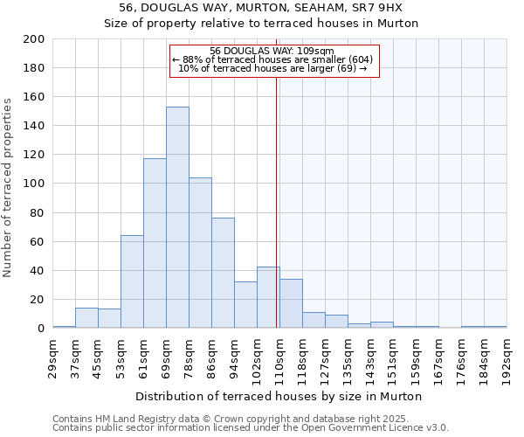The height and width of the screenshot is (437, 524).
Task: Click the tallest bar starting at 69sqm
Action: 177,218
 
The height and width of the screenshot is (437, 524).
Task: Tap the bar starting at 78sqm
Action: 200,253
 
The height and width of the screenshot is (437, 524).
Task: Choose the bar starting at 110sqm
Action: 291,303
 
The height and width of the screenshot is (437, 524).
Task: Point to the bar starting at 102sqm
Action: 268,297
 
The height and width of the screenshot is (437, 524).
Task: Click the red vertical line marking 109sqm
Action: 276,201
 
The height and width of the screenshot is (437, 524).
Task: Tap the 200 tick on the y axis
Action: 35,39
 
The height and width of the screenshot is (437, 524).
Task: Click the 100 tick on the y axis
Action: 35,184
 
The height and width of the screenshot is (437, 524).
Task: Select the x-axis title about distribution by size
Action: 279,396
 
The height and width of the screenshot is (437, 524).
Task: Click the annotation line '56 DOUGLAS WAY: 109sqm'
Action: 272,51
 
